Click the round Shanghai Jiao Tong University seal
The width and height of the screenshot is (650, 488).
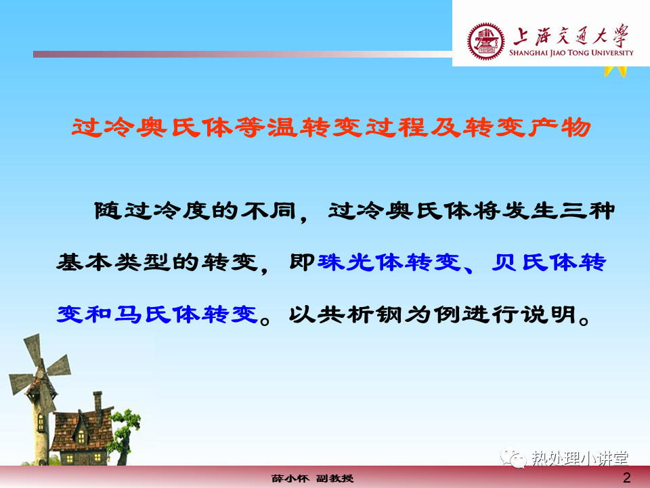pyautogui.click(x=485, y=41)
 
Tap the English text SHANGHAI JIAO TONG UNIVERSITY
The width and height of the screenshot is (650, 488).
pyautogui.click(x=571, y=53)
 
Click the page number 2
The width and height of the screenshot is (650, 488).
pyautogui.click(x=627, y=478)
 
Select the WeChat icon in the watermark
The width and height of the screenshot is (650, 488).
pyautogui.click(x=513, y=457)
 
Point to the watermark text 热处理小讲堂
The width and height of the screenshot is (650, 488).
pyautogui.click(x=580, y=459)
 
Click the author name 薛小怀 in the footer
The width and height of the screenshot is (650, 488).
pyautogui.click(x=290, y=479)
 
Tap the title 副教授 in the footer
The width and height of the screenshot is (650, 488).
pyautogui.click(x=335, y=479)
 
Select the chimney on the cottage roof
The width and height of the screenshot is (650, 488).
pyautogui.click(x=97, y=402)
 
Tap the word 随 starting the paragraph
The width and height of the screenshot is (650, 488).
pyautogui.click(x=108, y=210)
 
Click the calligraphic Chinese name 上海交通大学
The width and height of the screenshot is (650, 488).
pyautogui.click(x=571, y=36)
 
